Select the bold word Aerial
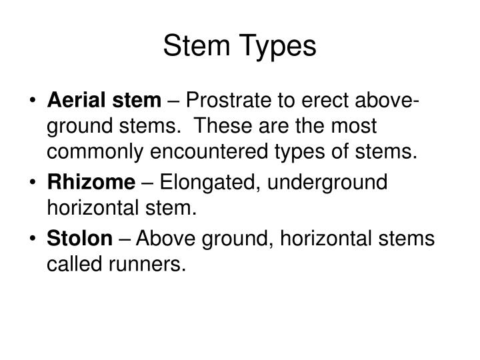[x=74, y=102]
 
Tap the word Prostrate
[x=229, y=102]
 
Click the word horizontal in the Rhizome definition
[x=91, y=208]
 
